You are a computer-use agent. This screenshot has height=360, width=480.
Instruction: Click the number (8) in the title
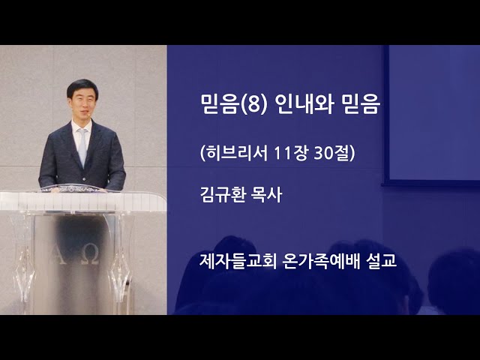(x=255, y=104)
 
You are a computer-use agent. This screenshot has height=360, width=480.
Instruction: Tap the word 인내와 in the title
(x=304, y=104)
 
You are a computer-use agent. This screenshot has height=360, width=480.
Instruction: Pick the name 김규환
(x=223, y=195)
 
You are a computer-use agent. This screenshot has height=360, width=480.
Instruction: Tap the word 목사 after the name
(x=266, y=195)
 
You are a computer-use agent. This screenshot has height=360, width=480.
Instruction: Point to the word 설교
(x=382, y=261)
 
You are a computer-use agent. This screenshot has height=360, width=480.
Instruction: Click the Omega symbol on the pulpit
(x=91, y=256)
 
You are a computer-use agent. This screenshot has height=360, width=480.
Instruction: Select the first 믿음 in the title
(x=219, y=104)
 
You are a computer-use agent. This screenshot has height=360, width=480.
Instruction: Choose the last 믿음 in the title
(x=361, y=104)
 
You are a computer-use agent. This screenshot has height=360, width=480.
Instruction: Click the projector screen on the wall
(x=432, y=114)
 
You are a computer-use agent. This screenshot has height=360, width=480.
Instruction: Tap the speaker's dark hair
(x=82, y=86)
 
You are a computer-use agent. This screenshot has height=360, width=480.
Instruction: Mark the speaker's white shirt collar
(x=81, y=126)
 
